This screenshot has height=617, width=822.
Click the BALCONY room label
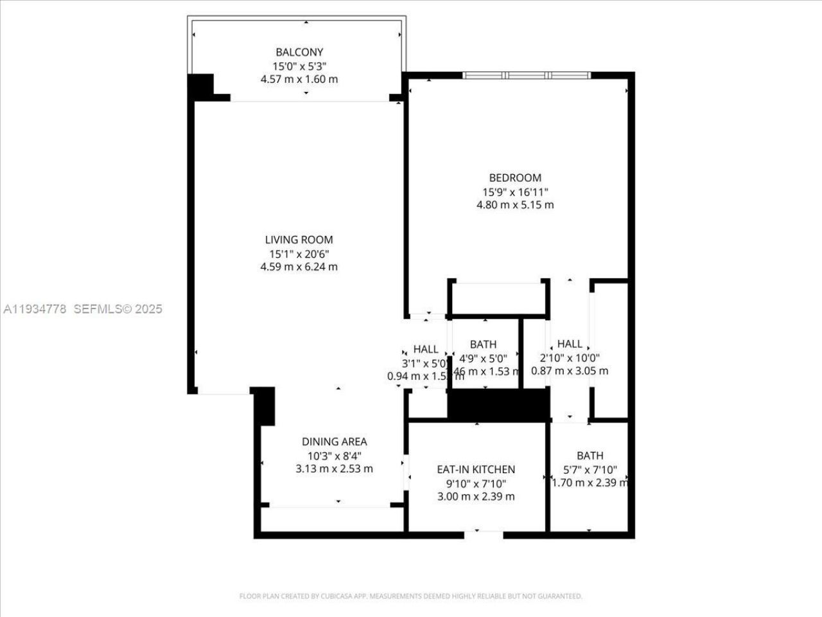coord(299,52)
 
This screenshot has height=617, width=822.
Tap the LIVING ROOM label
coord(299,240)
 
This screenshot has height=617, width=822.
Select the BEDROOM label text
coord(515,178)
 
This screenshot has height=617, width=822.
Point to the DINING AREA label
coord(335,442)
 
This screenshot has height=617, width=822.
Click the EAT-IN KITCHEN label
coord(476,469)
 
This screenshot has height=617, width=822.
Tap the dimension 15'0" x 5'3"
coord(299,66)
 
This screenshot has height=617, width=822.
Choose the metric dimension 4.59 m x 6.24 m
coord(299,267)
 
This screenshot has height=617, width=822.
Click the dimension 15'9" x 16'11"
coord(515,192)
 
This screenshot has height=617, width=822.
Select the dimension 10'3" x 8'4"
coord(335,455)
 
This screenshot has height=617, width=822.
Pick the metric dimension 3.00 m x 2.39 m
coord(476,496)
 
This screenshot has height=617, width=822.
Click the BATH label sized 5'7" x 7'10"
coord(590,456)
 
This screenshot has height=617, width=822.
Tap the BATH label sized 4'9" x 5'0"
coord(483,344)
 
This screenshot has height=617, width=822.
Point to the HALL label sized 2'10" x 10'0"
coord(570,344)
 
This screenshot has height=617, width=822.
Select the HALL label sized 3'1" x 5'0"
coord(426,349)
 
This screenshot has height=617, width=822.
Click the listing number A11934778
coord(35,309)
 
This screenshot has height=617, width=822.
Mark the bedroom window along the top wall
coord(527,75)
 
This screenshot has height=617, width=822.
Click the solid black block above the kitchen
coord(498,405)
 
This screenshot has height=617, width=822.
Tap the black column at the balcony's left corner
coord(200,85)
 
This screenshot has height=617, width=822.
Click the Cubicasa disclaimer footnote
coord(411,596)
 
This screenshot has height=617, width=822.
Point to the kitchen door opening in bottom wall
coord(484,533)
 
